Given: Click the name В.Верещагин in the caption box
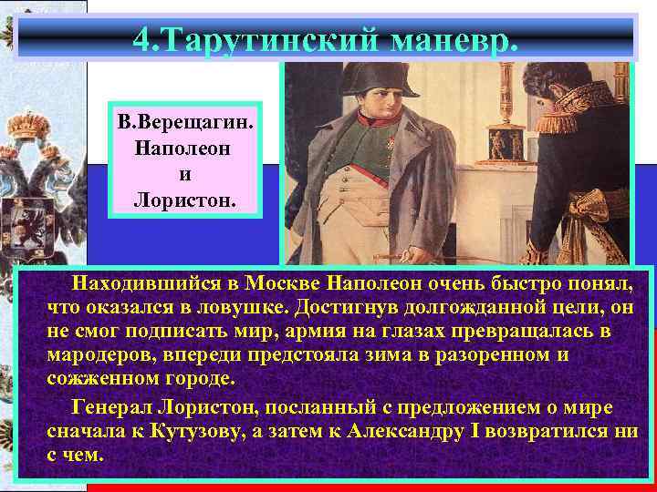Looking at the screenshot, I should pos(184,124).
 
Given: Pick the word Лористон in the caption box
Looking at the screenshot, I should pos(184,197).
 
